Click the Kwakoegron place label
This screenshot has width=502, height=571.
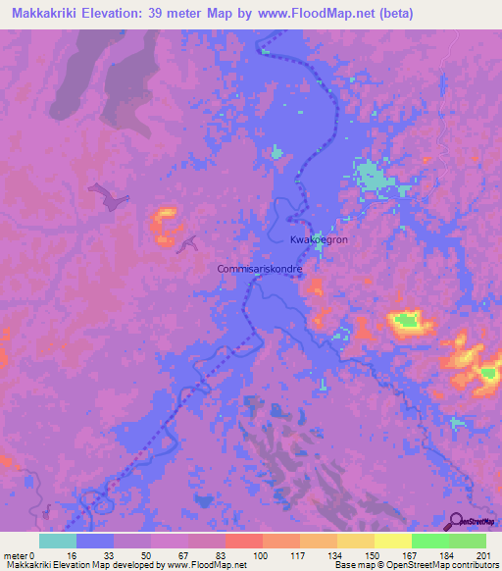pyautogui.click(x=320, y=239)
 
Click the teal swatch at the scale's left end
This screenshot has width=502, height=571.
pyautogui.click(x=57, y=541)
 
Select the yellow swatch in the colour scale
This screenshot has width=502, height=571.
pyautogui.click(x=392, y=541)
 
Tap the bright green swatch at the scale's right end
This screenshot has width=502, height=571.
pyautogui.click(x=467, y=541)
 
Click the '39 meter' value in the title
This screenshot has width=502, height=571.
pyautogui.click(x=183, y=14)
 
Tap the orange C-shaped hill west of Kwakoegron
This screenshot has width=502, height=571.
pyautogui.click(x=163, y=227)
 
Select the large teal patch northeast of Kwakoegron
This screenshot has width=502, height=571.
pyautogui.click(x=372, y=178)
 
